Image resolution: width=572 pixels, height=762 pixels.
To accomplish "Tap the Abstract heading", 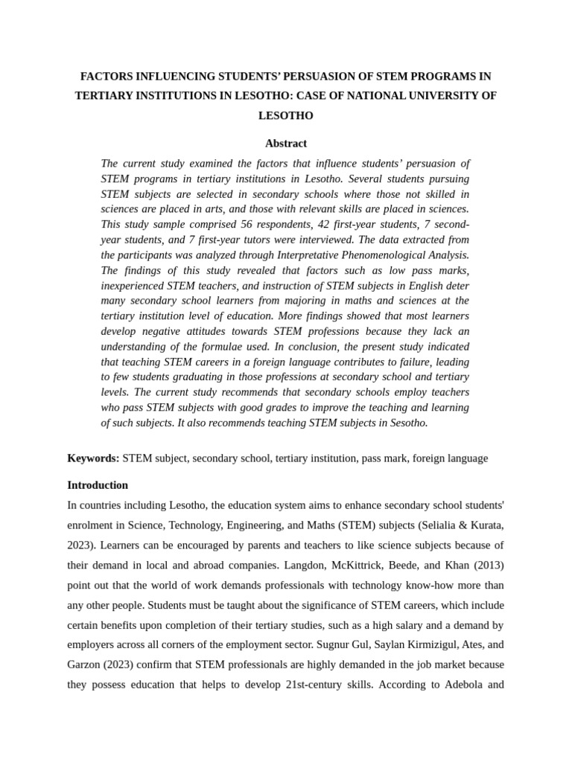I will point(285,143).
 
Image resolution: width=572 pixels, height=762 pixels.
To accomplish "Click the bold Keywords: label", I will point(93,458).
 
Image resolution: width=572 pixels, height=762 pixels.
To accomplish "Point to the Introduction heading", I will point(98,485).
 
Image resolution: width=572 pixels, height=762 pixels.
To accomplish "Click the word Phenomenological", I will point(378,254).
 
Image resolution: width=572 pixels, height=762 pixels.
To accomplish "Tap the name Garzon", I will point(84,664).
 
